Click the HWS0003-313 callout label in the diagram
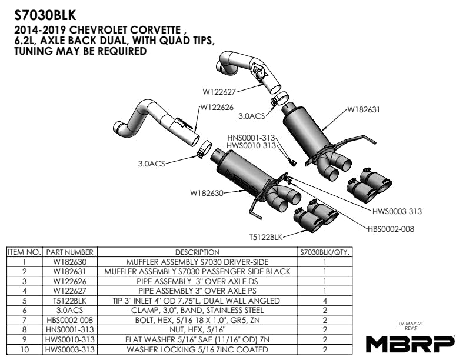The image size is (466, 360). click(397, 211)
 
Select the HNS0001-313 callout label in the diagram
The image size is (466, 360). click(251, 138)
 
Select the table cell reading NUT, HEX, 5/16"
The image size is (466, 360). click(197, 329)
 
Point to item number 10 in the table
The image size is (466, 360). click(24, 349)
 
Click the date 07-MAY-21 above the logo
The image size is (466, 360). click(411, 324)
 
